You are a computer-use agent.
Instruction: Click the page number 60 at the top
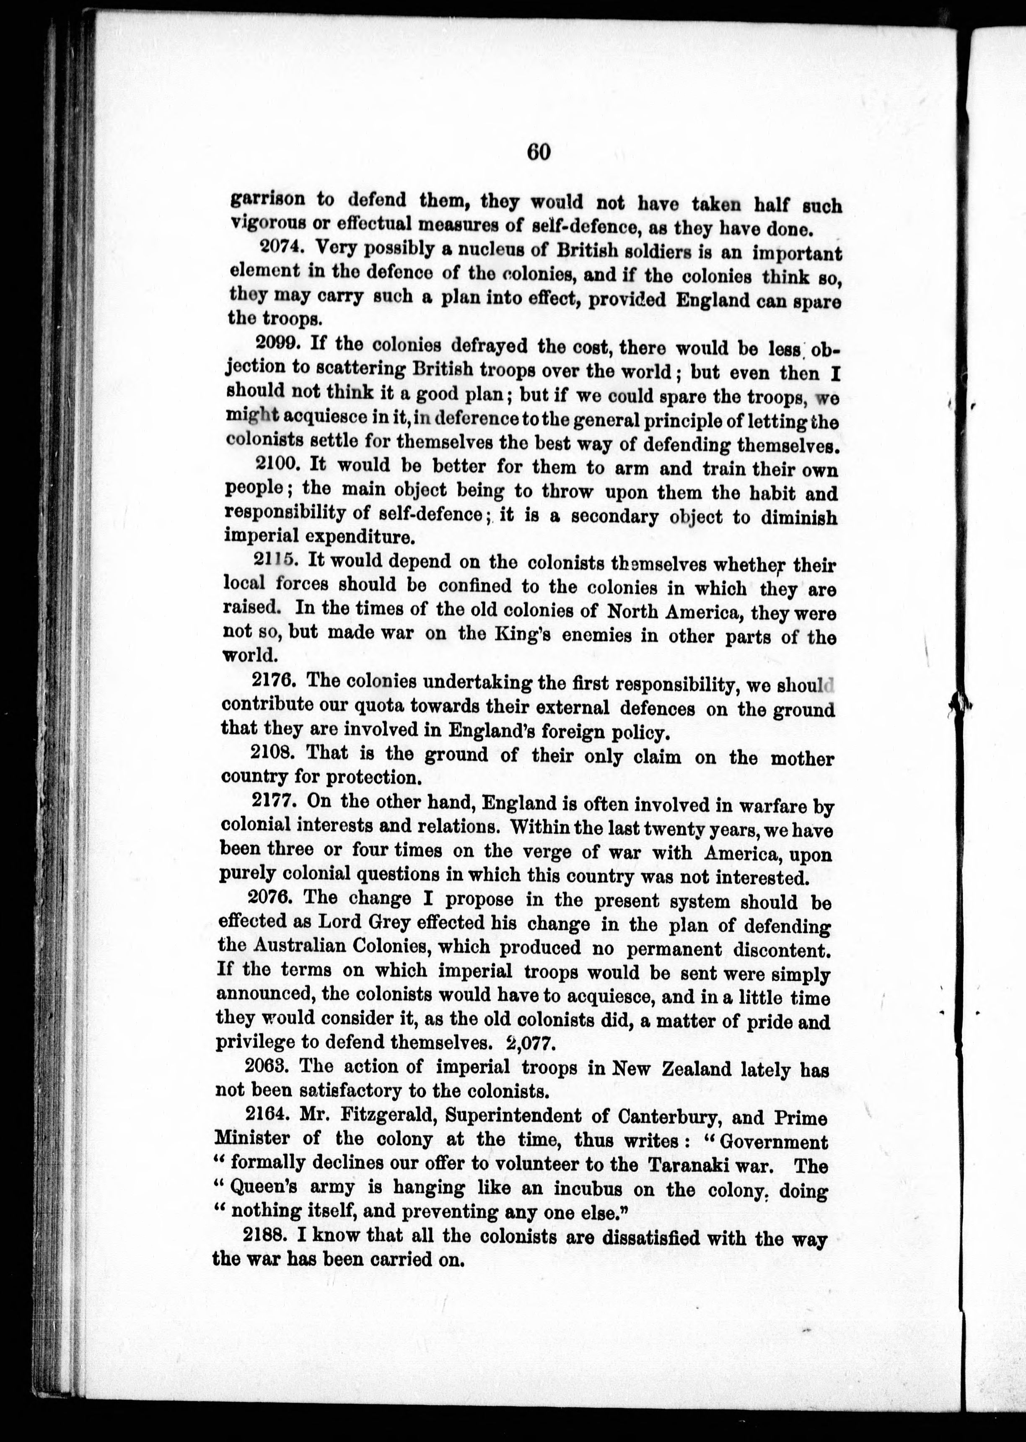[x=538, y=153]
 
